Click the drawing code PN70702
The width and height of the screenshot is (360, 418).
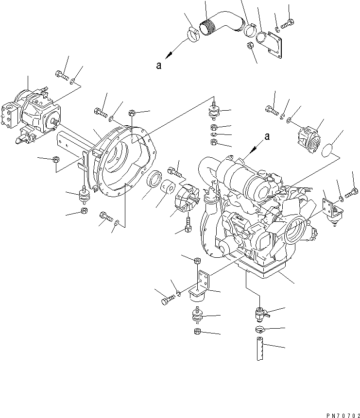click(x=335, y=410)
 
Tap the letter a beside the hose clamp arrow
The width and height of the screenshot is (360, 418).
click(x=159, y=67)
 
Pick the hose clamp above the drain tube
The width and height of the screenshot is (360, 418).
click(x=258, y=331)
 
